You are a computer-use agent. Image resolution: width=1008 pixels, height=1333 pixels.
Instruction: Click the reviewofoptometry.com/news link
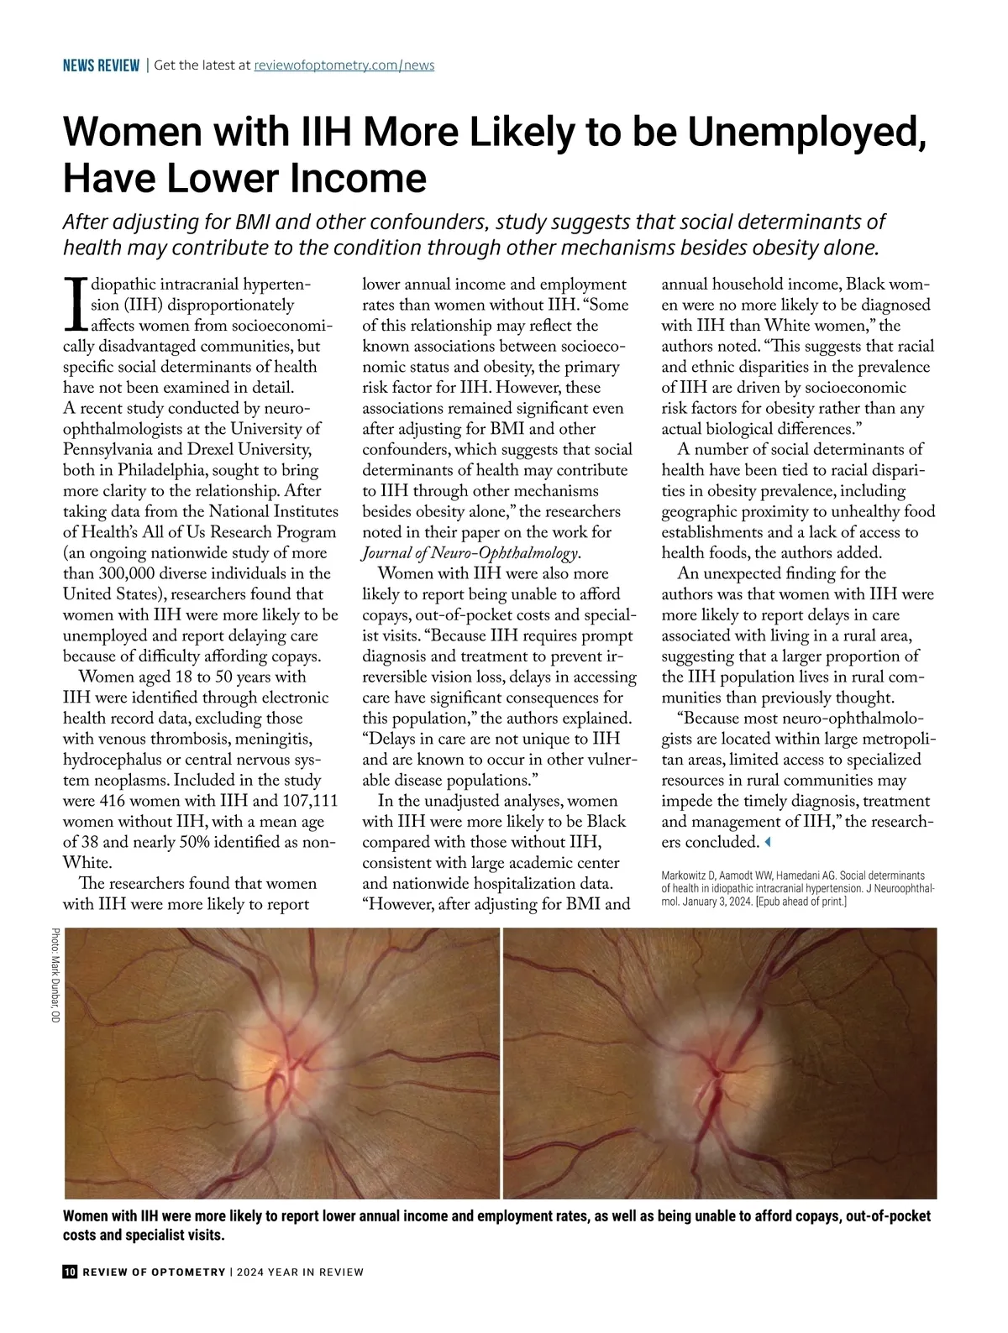[344, 65]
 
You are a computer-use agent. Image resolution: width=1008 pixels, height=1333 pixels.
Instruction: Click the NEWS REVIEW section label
[101, 65]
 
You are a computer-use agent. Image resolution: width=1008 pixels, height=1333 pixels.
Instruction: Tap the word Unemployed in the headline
[807, 133]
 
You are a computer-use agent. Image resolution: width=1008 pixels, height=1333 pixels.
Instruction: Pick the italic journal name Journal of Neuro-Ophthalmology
[470, 553]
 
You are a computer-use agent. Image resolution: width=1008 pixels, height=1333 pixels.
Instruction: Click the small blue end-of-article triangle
[766, 842]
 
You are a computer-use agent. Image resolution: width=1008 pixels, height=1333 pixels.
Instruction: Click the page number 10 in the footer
[71, 1272]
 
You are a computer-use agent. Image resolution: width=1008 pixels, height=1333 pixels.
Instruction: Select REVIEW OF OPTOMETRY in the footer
[155, 1272]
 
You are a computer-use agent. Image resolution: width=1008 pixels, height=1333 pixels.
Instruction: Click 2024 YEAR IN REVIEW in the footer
[300, 1272]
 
